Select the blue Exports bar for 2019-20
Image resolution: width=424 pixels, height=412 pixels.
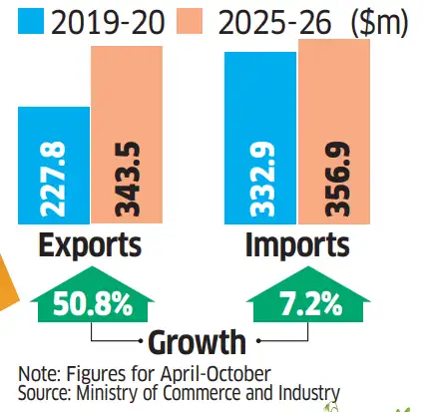(x=52, y=165)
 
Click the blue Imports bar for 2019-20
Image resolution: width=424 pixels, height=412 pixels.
(x=259, y=139)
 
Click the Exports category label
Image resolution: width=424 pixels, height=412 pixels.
(x=90, y=244)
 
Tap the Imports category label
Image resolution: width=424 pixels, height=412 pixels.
(x=298, y=244)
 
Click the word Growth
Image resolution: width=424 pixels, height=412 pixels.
(x=197, y=342)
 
